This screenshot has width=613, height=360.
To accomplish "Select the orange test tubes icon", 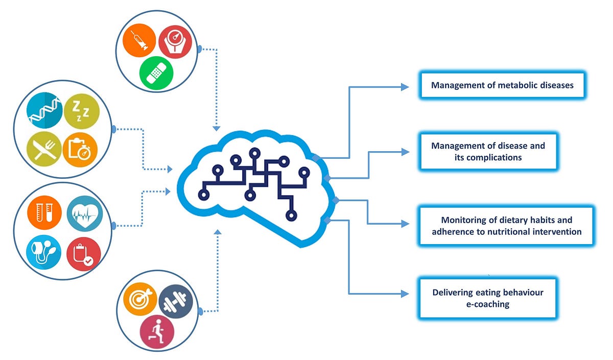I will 44,213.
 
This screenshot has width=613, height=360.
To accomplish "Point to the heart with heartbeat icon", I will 84,213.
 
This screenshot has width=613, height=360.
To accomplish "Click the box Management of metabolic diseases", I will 502,85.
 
